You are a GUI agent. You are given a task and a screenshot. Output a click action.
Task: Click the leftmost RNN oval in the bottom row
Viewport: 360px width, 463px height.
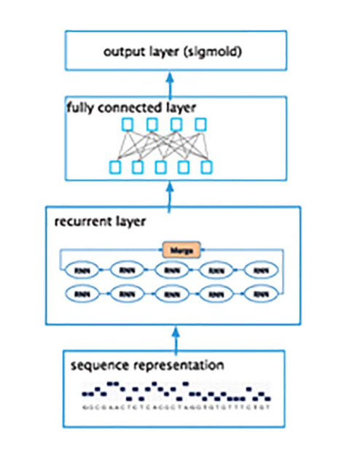[80, 293]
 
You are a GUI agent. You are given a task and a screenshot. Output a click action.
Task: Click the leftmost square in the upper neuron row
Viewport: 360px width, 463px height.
[128, 124]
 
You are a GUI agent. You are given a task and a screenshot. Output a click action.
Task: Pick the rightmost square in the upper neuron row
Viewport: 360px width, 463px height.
[198, 124]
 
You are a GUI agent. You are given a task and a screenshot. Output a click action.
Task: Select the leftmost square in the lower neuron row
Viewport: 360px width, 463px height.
[114, 168]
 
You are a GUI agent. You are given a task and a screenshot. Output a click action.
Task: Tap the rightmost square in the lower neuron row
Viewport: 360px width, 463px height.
[207, 168]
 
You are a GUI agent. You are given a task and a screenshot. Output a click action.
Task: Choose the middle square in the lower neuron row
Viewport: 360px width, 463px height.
[160, 168]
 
